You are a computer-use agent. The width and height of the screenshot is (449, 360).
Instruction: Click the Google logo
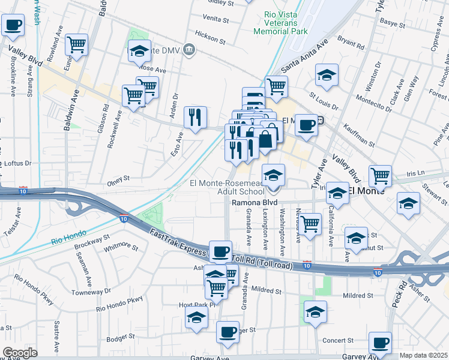20,353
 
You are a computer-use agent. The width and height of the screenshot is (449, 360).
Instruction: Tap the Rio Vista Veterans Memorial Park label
280,23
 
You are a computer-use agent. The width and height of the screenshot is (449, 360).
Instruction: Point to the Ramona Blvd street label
255,203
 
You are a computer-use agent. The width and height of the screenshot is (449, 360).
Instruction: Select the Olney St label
118,179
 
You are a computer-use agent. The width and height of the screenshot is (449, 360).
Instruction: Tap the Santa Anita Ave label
305,57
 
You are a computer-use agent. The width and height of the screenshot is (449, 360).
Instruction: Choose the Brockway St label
92,240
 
